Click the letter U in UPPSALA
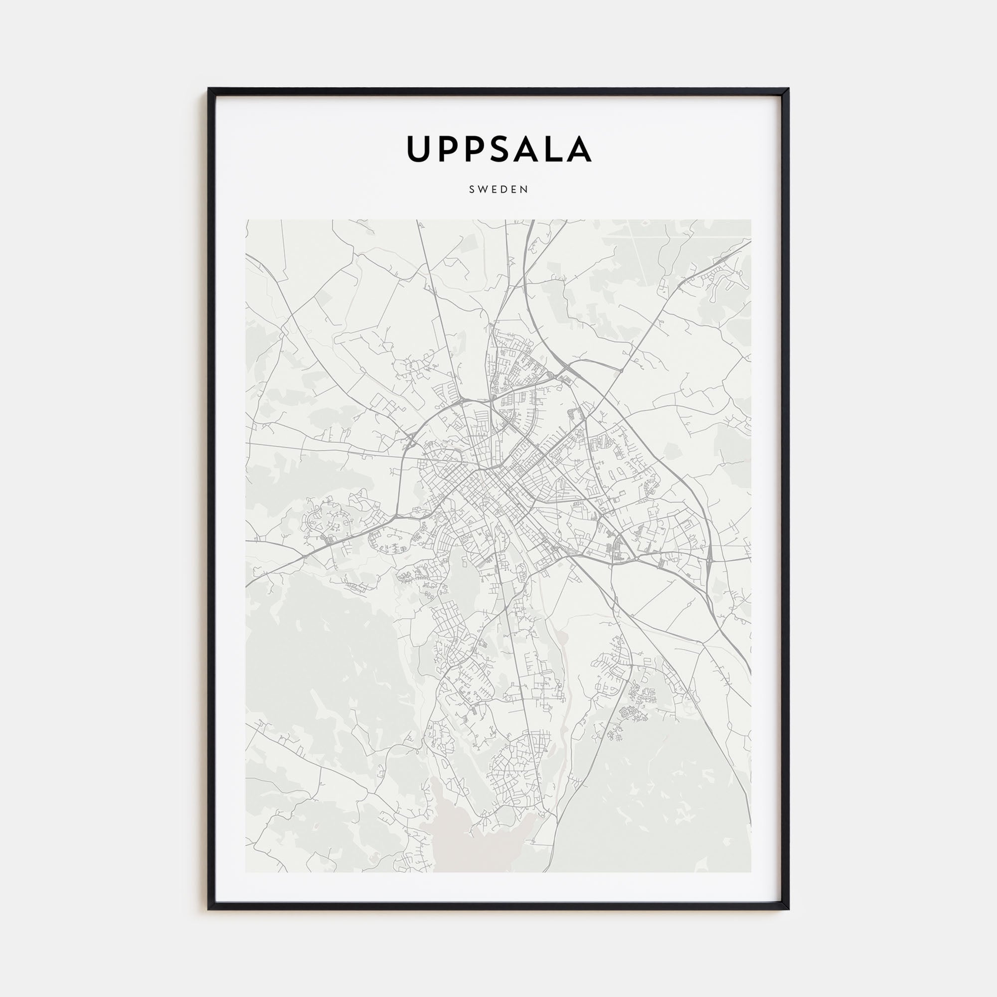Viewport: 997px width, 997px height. coord(419,149)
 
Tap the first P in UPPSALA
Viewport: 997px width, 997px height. coord(449,149)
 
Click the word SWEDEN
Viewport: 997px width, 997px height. coord(498,189)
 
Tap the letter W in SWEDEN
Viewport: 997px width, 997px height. coord(483,189)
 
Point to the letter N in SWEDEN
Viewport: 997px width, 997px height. coord(525,189)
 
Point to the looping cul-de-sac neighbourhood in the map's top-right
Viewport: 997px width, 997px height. coord(722,281)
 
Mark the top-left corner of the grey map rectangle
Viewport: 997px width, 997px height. coord(246,220)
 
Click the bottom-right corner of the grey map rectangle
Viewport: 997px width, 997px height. coord(751,872)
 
